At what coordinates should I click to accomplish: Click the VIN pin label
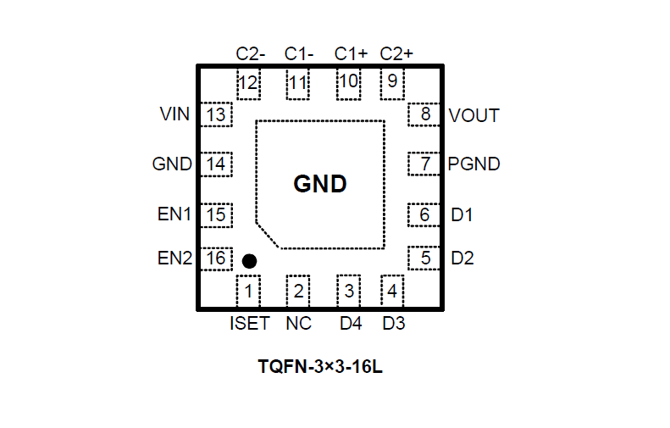click(x=175, y=114)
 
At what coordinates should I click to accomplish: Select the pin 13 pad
click(x=216, y=114)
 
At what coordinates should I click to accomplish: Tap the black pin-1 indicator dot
click(x=249, y=261)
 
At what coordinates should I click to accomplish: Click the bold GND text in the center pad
click(x=320, y=184)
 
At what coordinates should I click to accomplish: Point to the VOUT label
click(x=473, y=115)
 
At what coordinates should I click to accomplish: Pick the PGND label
click(x=473, y=164)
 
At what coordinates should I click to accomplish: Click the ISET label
click(x=249, y=324)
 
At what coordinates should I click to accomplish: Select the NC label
click(x=298, y=324)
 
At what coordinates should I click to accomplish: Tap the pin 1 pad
click(x=248, y=292)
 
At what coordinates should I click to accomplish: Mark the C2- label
click(x=251, y=53)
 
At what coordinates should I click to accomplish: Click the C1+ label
click(x=351, y=53)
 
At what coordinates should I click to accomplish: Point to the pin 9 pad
click(x=392, y=82)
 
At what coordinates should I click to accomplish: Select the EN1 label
click(x=174, y=215)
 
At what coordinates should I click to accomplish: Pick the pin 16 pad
click(x=216, y=258)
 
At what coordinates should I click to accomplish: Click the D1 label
click(x=462, y=215)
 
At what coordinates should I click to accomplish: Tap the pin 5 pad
click(x=425, y=258)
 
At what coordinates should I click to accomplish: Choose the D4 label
click(x=351, y=324)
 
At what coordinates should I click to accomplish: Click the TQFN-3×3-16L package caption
click(x=321, y=369)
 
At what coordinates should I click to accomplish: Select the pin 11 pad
click(x=298, y=83)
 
